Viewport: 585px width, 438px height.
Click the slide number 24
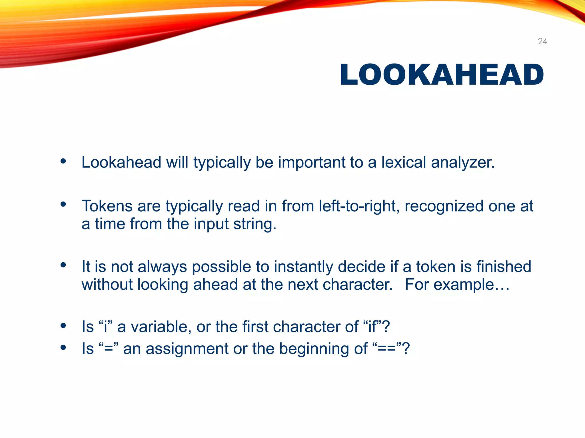542,41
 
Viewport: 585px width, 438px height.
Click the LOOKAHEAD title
442,74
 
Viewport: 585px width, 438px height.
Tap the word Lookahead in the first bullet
121,162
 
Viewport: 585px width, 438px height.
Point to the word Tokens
107,206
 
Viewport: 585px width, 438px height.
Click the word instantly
303,267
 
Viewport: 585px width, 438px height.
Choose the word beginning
323,349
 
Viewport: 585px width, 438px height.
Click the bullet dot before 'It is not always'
63,265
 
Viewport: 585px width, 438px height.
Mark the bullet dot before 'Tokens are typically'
63,204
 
